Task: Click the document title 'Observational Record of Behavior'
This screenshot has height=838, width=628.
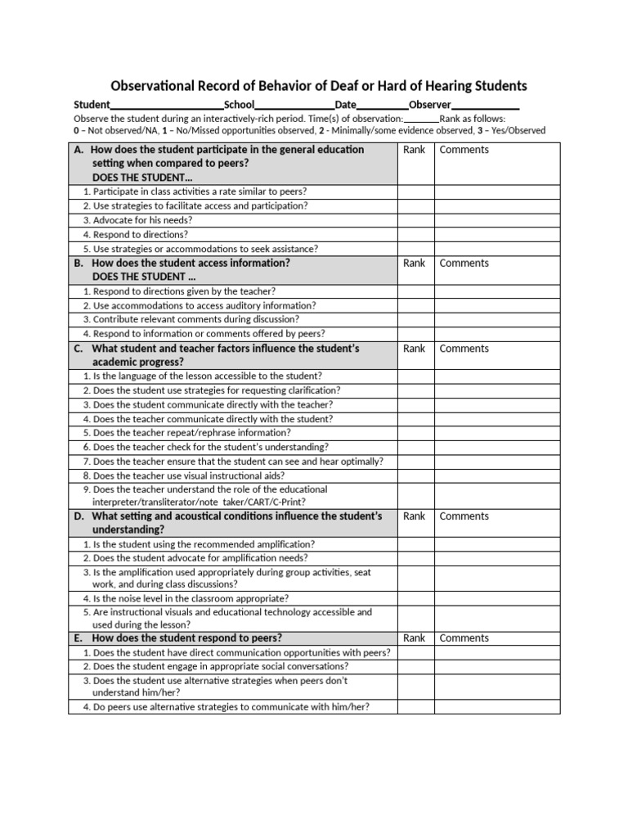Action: click(319, 86)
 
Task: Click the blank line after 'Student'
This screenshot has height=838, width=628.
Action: click(167, 106)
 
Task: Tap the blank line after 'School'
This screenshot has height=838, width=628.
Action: click(294, 106)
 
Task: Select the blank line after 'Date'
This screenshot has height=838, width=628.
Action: click(383, 106)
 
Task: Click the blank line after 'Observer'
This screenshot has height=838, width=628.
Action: click(486, 106)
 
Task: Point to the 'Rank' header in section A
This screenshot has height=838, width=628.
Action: click(415, 150)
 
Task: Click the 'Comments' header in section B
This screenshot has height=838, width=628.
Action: click(464, 264)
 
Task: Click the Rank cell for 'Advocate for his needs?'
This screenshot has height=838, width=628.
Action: click(415, 220)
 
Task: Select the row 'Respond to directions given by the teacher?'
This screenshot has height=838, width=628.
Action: click(184, 291)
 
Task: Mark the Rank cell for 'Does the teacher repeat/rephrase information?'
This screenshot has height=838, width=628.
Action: click(415, 433)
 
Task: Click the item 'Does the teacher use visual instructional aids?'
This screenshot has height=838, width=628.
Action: click(189, 475)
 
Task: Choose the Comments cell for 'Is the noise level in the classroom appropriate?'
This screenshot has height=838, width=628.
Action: click(497, 598)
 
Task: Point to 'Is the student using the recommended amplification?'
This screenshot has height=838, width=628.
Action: click(204, 544)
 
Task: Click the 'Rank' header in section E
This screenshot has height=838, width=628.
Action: click(415, 638)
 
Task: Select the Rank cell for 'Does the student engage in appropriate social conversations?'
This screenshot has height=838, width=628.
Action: click(415, 667)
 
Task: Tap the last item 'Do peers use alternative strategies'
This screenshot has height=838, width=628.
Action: click(231, 706)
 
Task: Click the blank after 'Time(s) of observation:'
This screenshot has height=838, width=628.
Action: click(421, 119)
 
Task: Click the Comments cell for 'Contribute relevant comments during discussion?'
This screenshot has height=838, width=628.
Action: click(497, 320)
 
